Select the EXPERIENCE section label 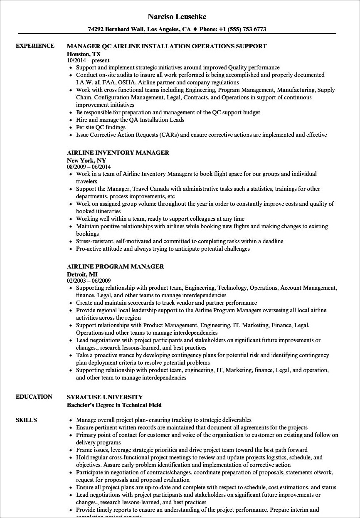pyautogui.click(x=35, y=46)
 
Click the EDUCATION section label pyautogui.click(x=34, y=397)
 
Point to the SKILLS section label pyautogui.click(x=26, y=420)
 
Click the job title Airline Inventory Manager pyautogui.click(x=118, y=153)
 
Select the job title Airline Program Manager pyautogui.click(x=115, y=266)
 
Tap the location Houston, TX pyautogui.click(x=84, y=54)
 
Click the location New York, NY pyautogui.click(x=86, y=160)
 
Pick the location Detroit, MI pyautogui.click(x=82, y=274)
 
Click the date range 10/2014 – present pyautogui.click(x=88, y=60)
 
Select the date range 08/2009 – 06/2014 pyautogui.click(x=89, y=167)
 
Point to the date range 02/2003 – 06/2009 pyautogui.click(x=89, y=281)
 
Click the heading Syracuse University pyautogui.click(x=104, y=397)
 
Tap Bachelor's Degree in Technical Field pyautogui.click(x=114, y=405)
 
